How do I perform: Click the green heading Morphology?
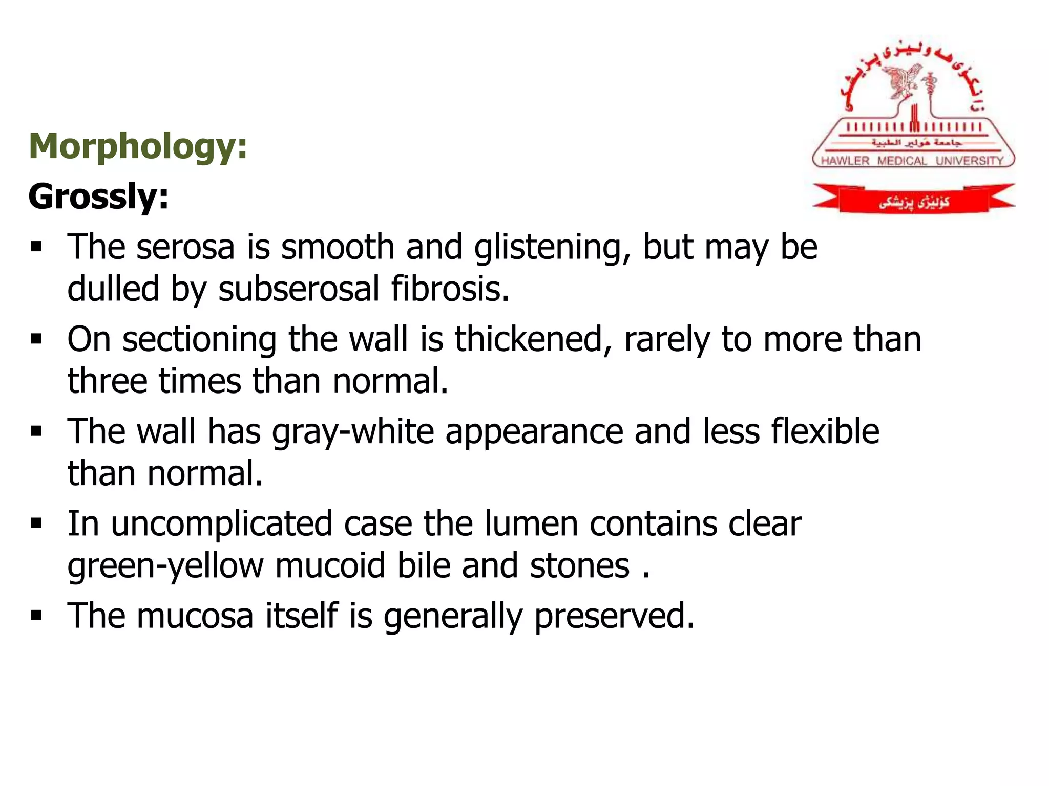pyautogui.click(x=138, y=147)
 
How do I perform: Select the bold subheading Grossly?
pyautogui.click(x=98, y=196)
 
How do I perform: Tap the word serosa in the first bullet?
pyautogui.click(x=185, y=247)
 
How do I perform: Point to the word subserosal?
pyautogui.click(x=299, y=289)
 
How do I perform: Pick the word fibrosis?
pyautogui.click(x=450, y=289)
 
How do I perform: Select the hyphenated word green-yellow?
pyautogui.click(x=165, y=566)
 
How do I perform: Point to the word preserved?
pyautogui.click(x=614, y=616)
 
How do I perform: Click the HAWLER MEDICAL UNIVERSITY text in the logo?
pyautogui.click(x=912, y=161)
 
